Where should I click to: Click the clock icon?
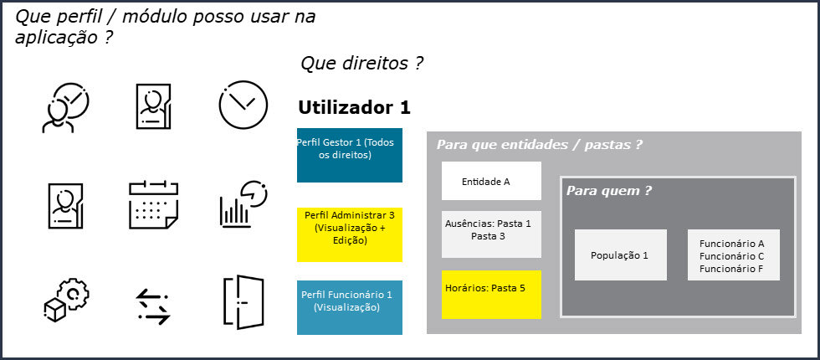tap(243, 106)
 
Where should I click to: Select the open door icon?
tap(243, 302)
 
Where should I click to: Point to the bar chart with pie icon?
tap(243, 203)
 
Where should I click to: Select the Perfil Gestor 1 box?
tap(350, 155)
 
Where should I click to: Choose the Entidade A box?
tap(491, 181)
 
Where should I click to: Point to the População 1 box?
tap(620, 255)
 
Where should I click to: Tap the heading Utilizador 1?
tap(354, 108)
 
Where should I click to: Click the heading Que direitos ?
tap(361, 63)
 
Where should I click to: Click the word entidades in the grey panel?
tap(532, 145)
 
